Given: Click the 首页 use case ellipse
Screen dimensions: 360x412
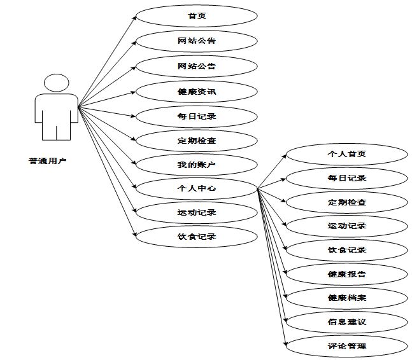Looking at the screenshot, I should point(197,17).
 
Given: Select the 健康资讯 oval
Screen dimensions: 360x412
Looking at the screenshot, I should point(197,91).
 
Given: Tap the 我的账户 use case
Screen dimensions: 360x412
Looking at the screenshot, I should point(197,165).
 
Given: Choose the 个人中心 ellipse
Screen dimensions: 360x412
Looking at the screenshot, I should point(197,188).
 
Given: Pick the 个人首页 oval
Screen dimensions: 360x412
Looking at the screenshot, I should point(346,154).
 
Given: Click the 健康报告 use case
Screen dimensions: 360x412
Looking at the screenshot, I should point(346,274).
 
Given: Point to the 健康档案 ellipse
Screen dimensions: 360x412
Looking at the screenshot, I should point(346,298).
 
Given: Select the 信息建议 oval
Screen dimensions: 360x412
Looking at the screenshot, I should point(346,322).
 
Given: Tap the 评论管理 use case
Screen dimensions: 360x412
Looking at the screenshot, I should point(346,346).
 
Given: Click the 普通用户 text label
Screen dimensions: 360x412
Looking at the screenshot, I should point(48,161).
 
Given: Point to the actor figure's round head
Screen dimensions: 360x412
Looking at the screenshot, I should point(56,83).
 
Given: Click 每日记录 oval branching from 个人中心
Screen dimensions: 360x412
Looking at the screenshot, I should point(346,178).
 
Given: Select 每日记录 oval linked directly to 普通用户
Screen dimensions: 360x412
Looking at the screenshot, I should point(197,116).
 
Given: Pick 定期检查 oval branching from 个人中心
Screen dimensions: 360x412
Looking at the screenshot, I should point(346,202).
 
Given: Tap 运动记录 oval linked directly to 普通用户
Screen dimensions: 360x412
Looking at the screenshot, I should point(197,212).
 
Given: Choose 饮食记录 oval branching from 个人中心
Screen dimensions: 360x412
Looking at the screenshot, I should point(346,250).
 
